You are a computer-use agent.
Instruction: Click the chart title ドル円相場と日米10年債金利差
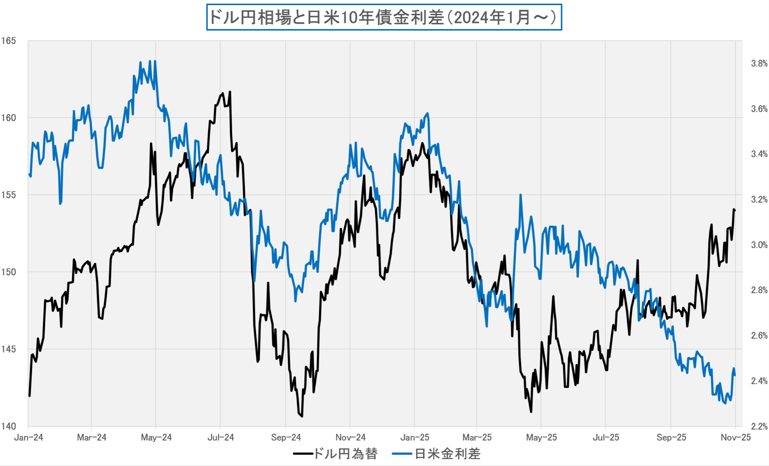coord(384,17)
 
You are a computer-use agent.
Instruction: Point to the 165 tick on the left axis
coord(8,41)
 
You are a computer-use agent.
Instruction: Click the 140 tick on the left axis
coord(8,426)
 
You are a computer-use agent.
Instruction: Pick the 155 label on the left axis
coord(8,195)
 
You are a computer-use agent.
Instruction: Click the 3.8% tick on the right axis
coord(759,64)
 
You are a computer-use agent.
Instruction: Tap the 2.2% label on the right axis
coord(759,426)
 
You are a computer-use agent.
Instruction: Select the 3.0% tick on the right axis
coord(759,245)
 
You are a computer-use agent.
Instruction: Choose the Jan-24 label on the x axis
coord(28,437)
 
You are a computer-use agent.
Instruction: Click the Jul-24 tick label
coord(220,437)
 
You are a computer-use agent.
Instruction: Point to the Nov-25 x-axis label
coord(736,437)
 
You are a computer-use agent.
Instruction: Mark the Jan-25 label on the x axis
coord(415,437)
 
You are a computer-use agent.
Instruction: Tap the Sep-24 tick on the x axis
coord(286,437)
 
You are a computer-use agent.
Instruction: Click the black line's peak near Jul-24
coord(230,92)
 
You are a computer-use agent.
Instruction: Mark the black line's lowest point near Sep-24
coord(302,416)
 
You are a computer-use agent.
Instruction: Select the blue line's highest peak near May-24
coord(155,61)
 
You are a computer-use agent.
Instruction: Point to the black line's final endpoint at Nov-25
coord(735,210)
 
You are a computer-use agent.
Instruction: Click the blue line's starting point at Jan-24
coord(29,174)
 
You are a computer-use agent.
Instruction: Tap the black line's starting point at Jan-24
coord(29,395)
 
